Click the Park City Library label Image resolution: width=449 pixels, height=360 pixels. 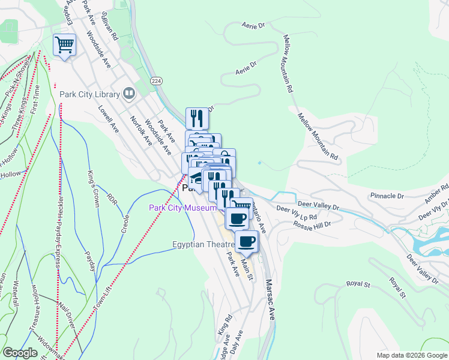89,94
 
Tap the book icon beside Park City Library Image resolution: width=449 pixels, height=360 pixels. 128,93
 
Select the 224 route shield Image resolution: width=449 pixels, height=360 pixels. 157,80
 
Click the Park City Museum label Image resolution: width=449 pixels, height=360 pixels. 182,208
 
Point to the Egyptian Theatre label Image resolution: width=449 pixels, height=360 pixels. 203,244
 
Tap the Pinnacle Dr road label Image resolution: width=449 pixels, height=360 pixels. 387,196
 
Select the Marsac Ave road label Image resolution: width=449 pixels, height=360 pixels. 270,299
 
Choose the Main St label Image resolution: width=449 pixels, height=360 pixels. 247,263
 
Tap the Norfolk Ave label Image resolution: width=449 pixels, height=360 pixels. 140,131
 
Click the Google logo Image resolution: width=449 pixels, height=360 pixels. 20,352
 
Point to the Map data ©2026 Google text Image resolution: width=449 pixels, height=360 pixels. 412,355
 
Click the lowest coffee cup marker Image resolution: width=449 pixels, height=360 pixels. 246,242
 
